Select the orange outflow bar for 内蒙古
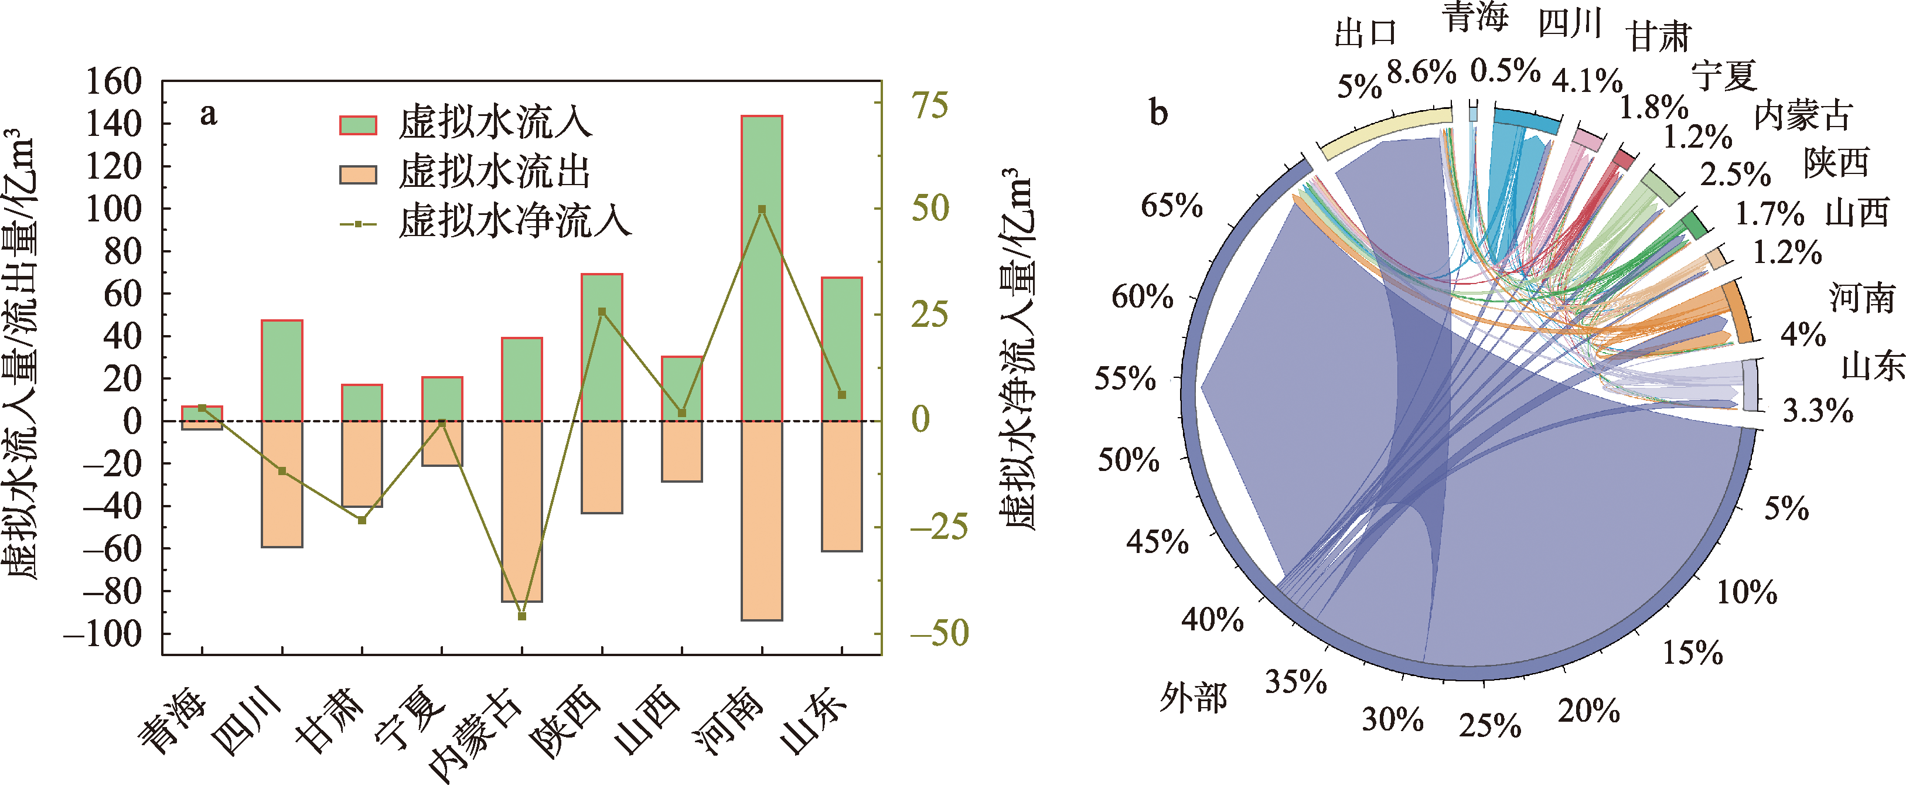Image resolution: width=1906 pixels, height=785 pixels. (x=521, y=510)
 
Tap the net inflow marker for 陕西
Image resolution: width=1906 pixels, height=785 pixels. (x=602, y=312)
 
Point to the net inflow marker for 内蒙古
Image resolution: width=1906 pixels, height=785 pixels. (x=521, y=616)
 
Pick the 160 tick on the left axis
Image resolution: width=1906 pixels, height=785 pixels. (x=113, y=81)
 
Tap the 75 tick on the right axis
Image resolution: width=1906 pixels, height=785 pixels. (x=929, y=106)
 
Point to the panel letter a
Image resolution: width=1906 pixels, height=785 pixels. (x=208, y=115)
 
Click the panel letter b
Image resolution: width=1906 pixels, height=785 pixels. (x=1158, y=113)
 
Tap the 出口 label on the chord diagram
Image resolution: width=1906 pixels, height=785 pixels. (x=1365, y=34)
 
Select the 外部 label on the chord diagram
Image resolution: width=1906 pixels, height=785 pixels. (x=1193, y=697)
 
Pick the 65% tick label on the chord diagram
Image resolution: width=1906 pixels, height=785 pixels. (x=1171, y=205)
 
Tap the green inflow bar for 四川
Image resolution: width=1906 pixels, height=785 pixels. (x=282, y=370)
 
